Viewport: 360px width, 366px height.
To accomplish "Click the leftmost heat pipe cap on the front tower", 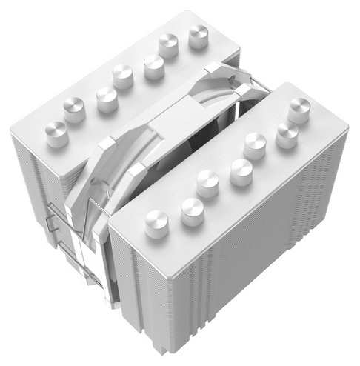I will [156, 222].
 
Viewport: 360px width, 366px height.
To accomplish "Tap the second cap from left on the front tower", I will [192, 211].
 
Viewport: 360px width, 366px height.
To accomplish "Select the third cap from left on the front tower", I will [208, 181].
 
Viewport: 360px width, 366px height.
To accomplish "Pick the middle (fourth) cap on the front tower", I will [241, 170].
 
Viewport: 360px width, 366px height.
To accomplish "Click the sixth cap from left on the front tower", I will [287, 133].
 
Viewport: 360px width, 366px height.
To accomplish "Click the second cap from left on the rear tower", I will [74, 109].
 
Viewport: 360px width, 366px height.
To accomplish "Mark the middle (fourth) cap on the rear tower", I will [122, 74].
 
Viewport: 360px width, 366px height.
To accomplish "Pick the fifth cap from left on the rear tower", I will [154, 66].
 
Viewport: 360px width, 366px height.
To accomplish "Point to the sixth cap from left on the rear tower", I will [169, 44].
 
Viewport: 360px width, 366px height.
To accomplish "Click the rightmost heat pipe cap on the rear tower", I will [199, 35].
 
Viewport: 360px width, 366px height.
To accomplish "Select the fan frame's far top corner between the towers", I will [215, 68].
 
